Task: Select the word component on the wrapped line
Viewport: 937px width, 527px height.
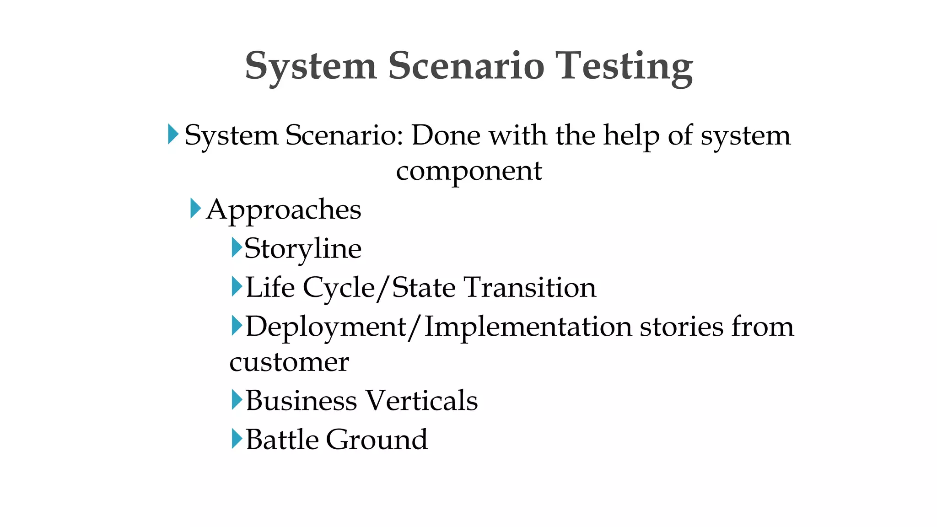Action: pos(469,171)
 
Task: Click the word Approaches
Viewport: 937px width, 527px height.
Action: pos(284,210)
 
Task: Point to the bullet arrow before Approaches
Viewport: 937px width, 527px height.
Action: pos(195,209)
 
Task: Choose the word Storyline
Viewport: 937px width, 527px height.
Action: pos(303,249)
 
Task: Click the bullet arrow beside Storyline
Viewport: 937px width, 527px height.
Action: pos(237,247)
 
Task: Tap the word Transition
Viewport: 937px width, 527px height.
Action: pos(530,287)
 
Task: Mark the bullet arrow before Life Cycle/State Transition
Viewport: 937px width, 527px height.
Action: pos(237,286)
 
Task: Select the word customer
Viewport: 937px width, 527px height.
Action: pos(289,362)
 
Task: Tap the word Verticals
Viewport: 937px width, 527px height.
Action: pos(421,400)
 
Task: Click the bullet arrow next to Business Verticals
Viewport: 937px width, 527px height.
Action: pos(237,399)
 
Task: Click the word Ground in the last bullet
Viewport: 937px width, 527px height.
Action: pos(377,439)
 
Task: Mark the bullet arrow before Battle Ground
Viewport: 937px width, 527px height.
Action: pos(237,438)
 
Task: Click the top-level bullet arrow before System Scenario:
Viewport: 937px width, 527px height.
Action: pos(173,134)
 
